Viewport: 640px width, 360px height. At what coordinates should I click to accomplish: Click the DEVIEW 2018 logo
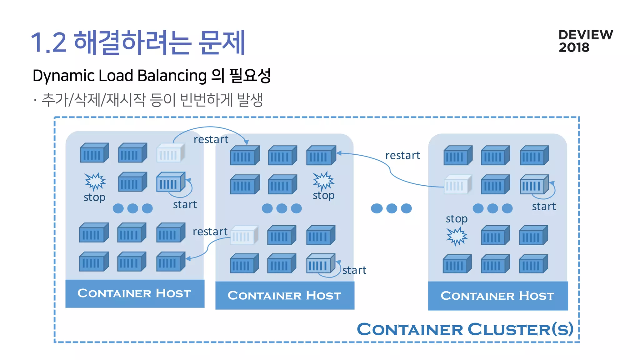click(x=585, y=41)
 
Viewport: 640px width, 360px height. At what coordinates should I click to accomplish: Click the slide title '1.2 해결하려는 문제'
click(x=138, y=43)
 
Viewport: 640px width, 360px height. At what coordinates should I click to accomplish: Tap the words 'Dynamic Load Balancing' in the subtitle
click(x=119, y=76)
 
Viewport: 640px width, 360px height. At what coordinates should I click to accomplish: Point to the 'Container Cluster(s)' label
click(x=465, y=329)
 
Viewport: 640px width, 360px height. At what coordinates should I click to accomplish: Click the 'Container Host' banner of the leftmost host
click(x=135, y=293)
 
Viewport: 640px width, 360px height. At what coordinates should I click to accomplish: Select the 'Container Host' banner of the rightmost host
click(x=497, y=296)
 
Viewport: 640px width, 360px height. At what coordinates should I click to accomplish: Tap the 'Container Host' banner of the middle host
click(x=284, y=295)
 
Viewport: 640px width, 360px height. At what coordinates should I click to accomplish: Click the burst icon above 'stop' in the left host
click(x=95, y=181)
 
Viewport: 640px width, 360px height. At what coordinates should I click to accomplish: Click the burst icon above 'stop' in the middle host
click(x=323, y=180)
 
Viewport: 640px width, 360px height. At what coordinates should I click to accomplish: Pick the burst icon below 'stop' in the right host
click(x=457, y=236)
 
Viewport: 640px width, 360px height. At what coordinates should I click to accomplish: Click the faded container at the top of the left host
click(x=170, y=152)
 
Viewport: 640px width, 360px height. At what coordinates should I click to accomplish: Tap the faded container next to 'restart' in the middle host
click(x=244, y=235)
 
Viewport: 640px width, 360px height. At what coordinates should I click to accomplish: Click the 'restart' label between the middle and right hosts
click(x=402, y=155)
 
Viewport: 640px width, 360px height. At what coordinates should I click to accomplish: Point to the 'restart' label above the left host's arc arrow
click(x=211, y=139)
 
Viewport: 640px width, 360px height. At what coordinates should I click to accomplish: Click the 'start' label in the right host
click(x=544, y=207)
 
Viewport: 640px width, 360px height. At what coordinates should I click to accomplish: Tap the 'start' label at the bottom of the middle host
click(x=354, y=270)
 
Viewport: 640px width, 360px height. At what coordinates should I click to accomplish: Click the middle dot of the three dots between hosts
click(x=391, y=208)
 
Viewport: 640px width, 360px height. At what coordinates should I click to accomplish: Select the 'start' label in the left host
click(x=185, y=205)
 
